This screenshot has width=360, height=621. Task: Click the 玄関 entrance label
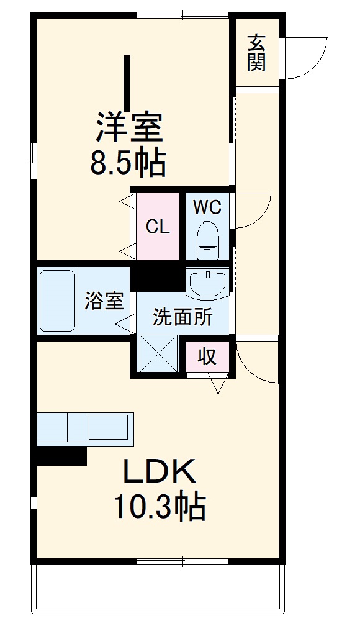(256, 53)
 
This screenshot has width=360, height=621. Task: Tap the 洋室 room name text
(129, 127)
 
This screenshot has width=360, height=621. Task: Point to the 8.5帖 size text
(128, 163)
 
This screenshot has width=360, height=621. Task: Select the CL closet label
(158, 227)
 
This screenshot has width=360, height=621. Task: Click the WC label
(207, 207)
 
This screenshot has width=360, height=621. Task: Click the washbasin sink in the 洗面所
(207, 284)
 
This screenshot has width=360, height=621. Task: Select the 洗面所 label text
(182, 317)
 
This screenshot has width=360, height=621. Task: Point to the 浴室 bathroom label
(104, 302)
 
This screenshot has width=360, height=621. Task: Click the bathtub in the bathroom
(57, 301)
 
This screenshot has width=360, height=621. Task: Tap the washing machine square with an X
(159, 354)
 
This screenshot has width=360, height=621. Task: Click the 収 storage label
(207, 356)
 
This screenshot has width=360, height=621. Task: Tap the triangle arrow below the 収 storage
(217, 384)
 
